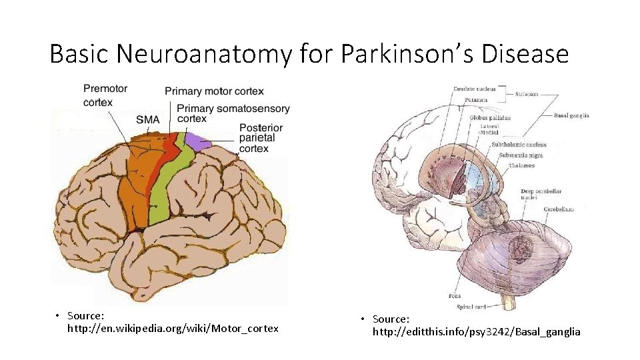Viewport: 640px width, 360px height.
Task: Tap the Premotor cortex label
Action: coord(105,95)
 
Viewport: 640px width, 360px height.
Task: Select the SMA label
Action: coord(147,120)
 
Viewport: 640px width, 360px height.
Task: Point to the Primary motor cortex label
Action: coord(214,91)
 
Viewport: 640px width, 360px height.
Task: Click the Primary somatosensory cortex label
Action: coord(233,113)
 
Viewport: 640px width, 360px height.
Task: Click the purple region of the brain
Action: coord(197,140)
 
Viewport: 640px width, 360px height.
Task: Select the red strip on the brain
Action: coord(160,167)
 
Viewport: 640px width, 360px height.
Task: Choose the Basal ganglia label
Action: coord(571,115)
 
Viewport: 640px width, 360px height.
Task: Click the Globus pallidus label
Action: coord(490,118)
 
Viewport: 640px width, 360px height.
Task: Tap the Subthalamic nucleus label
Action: coord(519,145)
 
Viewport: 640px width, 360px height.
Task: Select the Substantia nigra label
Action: coord(521,155)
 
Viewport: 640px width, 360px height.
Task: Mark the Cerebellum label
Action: coord(558,209)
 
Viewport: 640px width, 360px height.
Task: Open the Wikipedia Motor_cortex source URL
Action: coord(173,329)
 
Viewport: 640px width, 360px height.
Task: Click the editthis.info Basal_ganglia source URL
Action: coord(476,331)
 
